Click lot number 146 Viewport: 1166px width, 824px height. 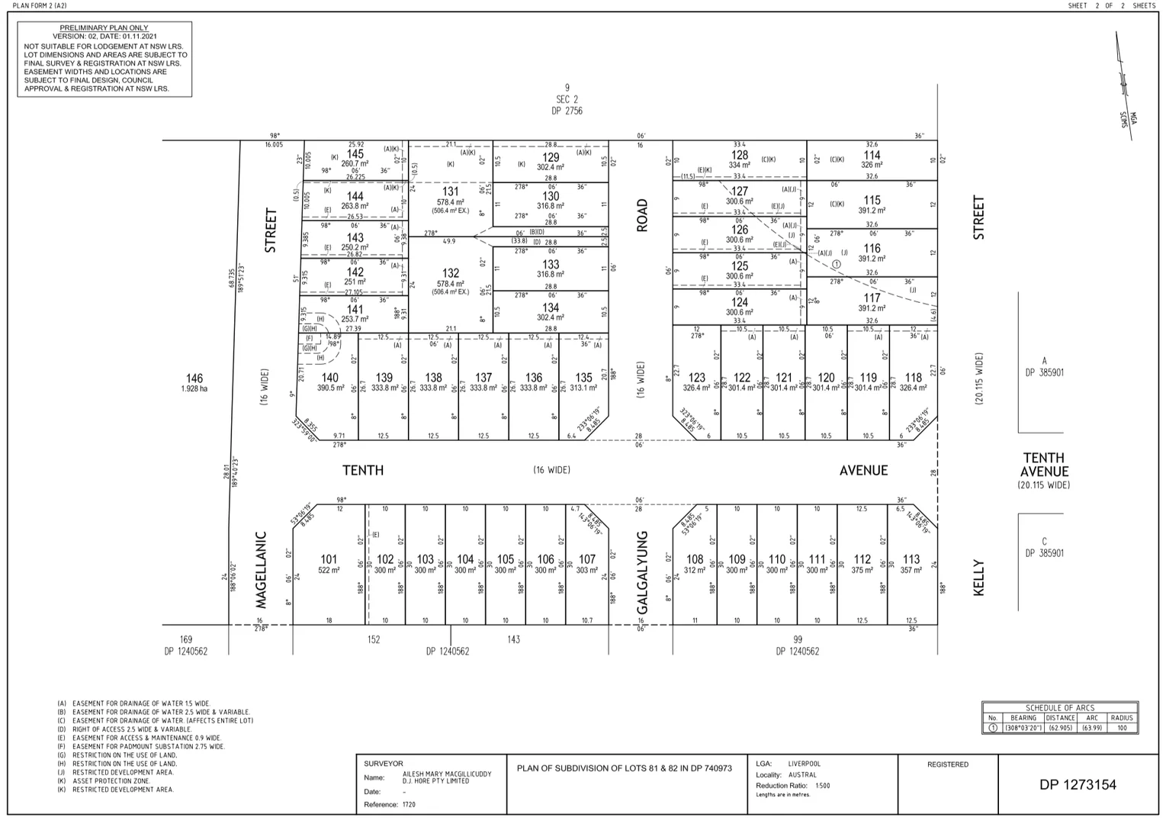(x=194, y=378)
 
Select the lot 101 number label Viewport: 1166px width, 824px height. (x=329, y=559)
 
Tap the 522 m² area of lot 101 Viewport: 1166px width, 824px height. (x=329, y=571)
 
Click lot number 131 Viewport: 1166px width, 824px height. (x=451, y=192)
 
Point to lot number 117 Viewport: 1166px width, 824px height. (x=872, y=298)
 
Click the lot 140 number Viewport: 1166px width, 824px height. (x=329, y=378)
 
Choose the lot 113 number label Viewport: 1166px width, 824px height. (x=911, y=559)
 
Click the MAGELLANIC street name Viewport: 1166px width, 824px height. (x=262, y=570)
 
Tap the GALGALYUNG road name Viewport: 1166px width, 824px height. (x=642, y=572)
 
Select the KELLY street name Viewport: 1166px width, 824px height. (x=979, y=578)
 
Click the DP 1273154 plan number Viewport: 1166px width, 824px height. (x=1078, y=784)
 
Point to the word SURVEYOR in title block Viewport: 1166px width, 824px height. (x=384, y=764)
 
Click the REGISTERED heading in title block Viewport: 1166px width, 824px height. (x=948, y=764)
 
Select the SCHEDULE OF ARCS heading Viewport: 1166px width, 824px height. (x=1060, y=708)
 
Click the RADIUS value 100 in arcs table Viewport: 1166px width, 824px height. (x=1122, y=728)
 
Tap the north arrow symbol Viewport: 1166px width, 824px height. (x=1123, y=84)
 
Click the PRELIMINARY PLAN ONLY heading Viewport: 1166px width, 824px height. (x=104, y=27)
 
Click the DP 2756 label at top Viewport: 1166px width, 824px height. (x=567, y=111)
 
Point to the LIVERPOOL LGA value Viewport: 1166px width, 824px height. (x=804, y=764)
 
